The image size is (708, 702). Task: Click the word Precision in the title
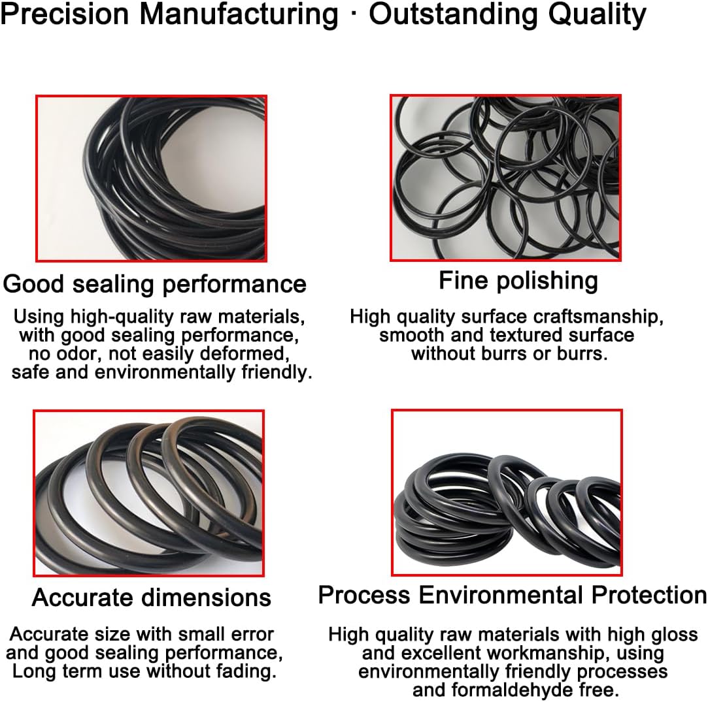pos(63,14)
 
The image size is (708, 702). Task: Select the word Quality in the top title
pos(597,14)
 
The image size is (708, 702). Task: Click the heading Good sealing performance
pos(154,284)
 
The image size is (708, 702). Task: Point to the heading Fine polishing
pos(518,281)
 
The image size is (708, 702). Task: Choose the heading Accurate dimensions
pos(151,597)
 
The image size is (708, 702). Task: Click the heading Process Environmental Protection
pos(512,595)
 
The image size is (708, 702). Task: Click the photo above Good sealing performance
pos(150,178)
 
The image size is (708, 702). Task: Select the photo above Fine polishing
pos(505,178)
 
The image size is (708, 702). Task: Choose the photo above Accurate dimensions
pos(149,493)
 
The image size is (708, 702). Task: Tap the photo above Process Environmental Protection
pos(506,492)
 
